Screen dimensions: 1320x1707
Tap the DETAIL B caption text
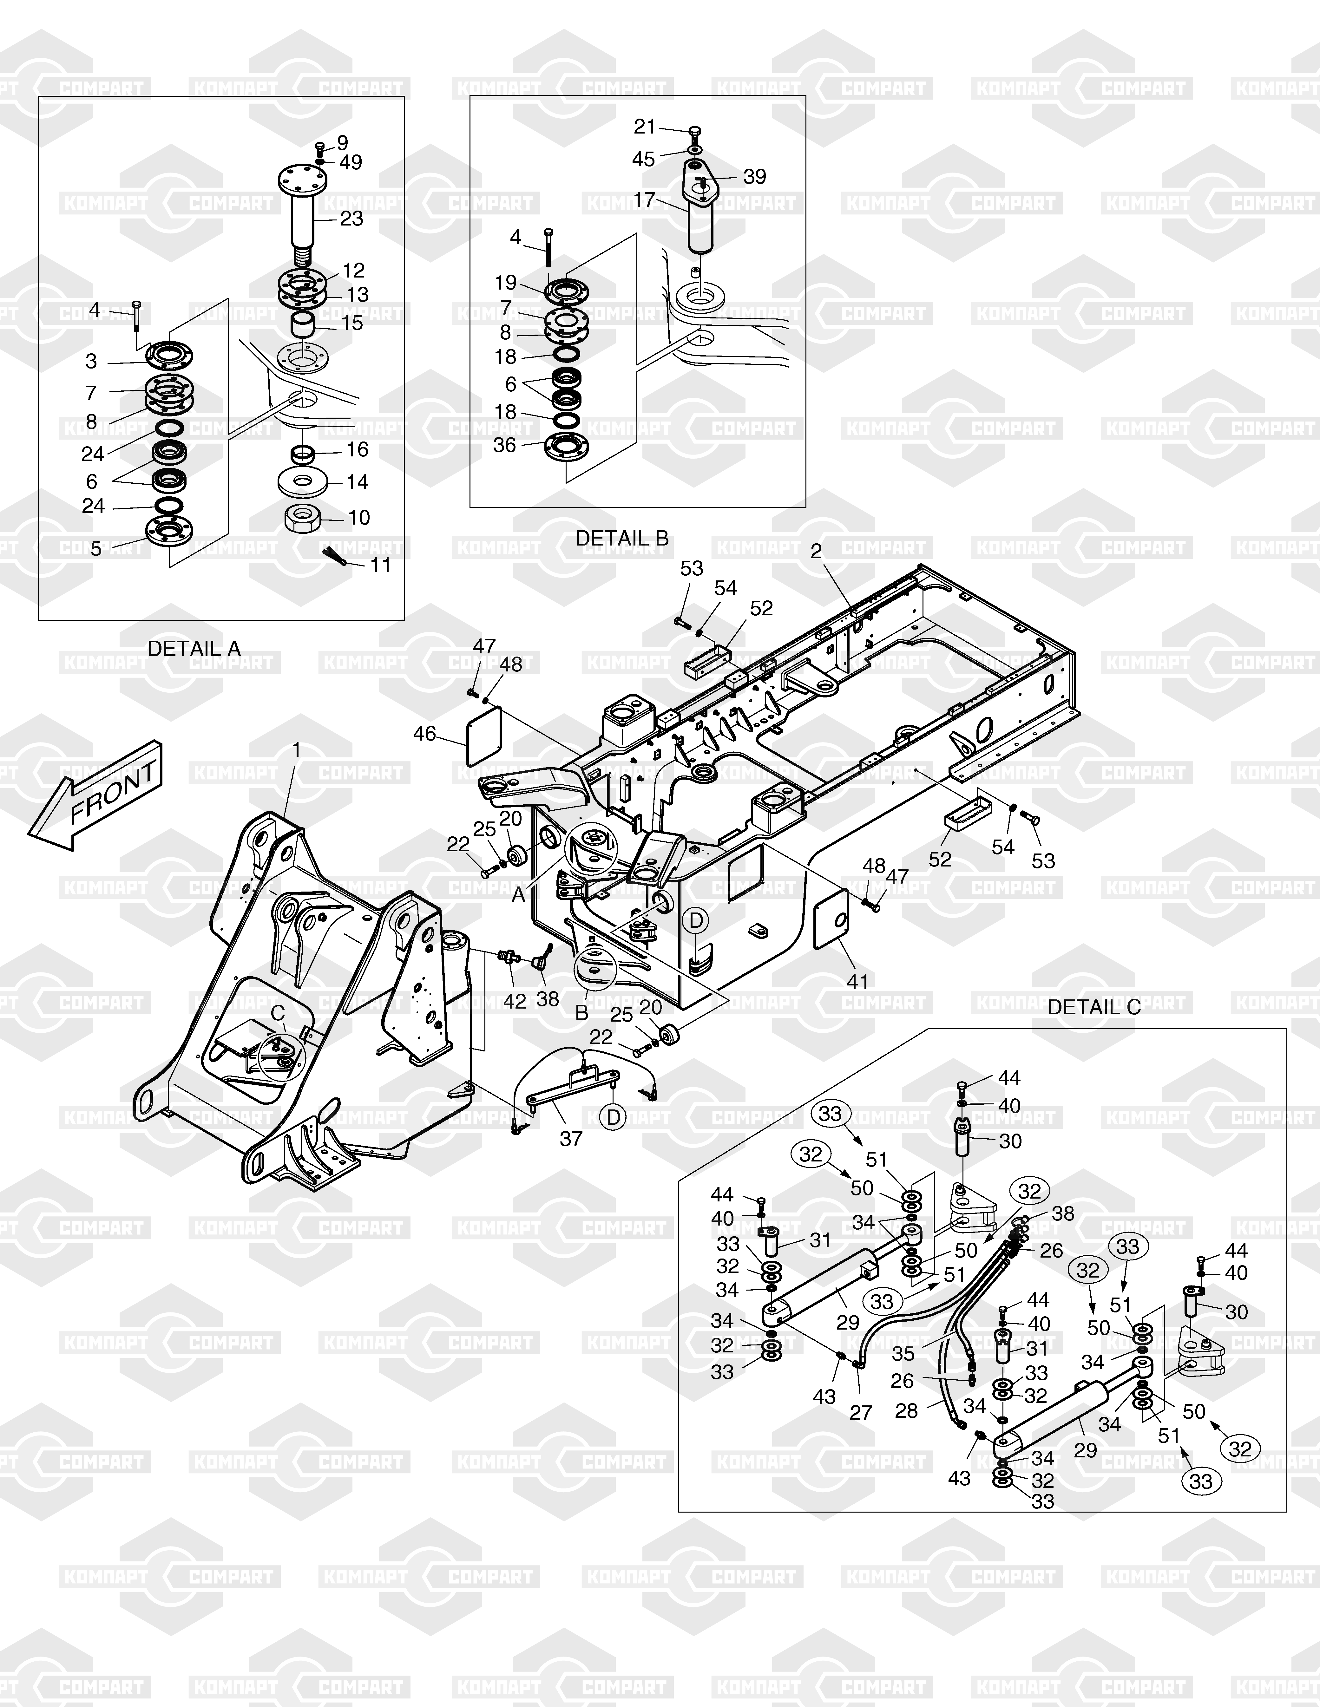coord(622,539)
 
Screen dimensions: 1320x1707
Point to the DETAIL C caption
coord(1094,1007)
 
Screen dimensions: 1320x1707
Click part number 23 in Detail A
coord(352,219)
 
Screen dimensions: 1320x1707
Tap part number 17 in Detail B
coord(644,200)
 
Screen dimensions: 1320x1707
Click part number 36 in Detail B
coord(505,445)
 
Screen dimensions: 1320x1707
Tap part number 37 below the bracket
coord(571,1139)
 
